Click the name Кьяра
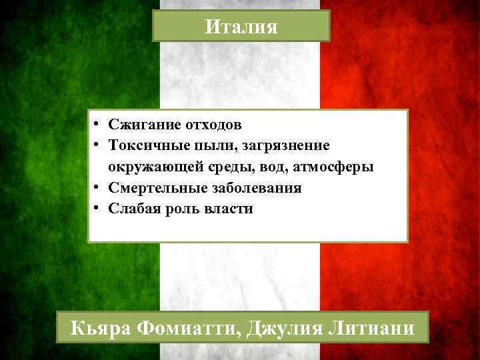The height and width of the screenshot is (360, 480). pos(103,329)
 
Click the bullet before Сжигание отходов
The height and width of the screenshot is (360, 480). pos(97,124)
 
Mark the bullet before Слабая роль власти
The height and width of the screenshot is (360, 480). pos(97,208)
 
